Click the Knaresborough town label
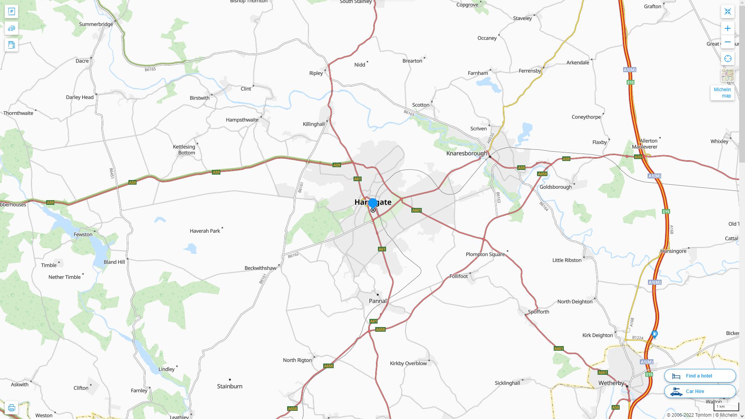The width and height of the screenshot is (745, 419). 466,153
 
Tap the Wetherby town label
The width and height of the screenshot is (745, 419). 611,383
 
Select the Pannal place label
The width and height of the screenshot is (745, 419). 378,301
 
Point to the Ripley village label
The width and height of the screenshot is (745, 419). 316,73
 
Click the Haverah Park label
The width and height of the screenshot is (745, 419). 205,231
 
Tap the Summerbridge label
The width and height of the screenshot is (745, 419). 96,24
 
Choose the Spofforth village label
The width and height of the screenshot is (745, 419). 538,312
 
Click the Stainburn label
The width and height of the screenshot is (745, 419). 230,386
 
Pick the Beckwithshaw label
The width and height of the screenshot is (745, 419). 260,268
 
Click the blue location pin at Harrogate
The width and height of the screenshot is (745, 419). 372,203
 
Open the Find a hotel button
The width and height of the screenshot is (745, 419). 700,376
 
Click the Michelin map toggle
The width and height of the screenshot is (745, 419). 722,92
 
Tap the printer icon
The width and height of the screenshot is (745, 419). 11,407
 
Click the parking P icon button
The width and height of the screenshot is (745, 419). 11,12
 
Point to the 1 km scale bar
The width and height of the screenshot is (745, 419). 726,407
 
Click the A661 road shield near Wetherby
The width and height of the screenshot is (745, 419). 603,372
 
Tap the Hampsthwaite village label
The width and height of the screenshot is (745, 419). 242,120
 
